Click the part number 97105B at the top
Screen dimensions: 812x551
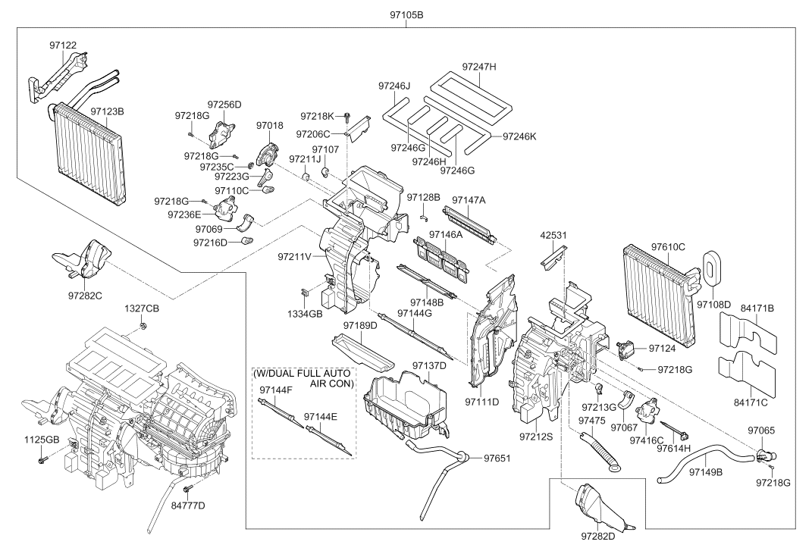coord(406,15)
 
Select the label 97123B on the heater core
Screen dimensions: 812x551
coord(107,111)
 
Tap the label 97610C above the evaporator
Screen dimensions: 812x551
coord(668,247)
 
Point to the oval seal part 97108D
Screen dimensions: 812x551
coord(713,268)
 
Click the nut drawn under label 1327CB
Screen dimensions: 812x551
coord(142,326)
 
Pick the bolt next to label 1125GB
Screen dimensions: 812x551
coord(42,459)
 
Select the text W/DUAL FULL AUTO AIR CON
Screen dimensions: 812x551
coord(303,378)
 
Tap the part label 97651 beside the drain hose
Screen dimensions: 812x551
coord(497,458)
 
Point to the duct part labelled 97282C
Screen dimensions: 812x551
coord(84,261)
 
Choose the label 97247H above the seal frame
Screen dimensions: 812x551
coord(479,67)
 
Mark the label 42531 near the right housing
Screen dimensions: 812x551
coord(553,235)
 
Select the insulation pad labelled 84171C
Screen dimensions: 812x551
coord(747,370)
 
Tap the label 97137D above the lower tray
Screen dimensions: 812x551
coord(429,365)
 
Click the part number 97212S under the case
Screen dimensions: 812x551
coord(536,437)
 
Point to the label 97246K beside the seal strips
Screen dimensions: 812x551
coord(520,136)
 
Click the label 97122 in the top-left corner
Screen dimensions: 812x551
coord(63,45)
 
